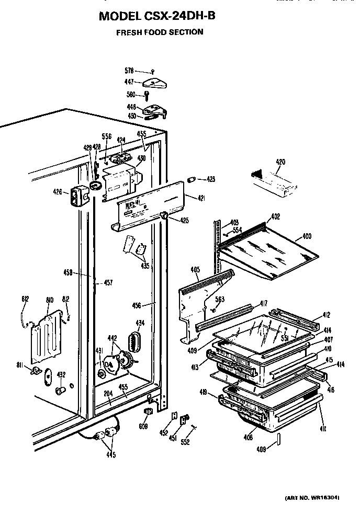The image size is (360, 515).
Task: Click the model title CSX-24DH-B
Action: click(x=157, y=16)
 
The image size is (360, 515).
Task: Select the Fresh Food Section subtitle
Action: click(x=160, y=32)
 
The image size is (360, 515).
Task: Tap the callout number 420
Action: click(x=280, y=162)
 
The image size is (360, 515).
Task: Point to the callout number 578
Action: click(x=129, y=70)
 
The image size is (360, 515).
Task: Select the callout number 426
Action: click(x=58, y=192)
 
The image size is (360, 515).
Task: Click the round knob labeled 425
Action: click(x=164, y=215)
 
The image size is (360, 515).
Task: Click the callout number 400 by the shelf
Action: click(x=306, y=237)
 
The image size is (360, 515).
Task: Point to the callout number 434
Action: click(x=140, y=323)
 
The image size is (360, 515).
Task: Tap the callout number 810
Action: click(x=50, y=300)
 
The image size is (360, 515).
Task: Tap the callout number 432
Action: click(x=61, y=374)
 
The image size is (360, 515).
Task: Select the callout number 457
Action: click(x=107, y=282)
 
